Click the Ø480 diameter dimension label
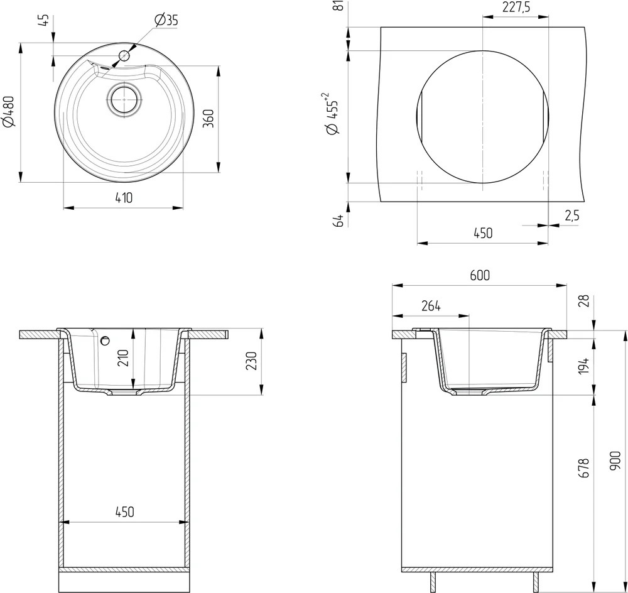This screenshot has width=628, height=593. point(9,112)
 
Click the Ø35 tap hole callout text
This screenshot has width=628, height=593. point(166,19)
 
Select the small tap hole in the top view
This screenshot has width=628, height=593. point(124,56)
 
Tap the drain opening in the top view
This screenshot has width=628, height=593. point(124,100)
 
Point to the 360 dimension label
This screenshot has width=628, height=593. point(208,118)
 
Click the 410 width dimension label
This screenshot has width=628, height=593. point(123,197)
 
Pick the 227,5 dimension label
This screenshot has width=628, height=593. point(516,7)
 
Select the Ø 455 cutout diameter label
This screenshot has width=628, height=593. point(332,114)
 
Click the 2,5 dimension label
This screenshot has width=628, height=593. point(572,215)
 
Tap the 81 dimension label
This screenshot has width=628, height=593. point(339,6)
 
